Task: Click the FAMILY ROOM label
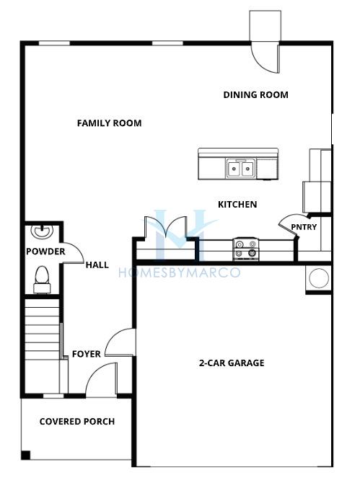point(110,123)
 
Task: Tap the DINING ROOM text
point(255,95)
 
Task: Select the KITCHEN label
point(237,205)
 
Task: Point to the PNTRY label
point(304,227)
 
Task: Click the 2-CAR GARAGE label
point(232,363)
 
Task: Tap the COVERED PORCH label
point(77,422)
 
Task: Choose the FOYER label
point(87,354)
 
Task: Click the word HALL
point(97,265)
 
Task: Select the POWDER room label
point(45,252)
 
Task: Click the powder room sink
point(42,231)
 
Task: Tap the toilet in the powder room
point(42,280)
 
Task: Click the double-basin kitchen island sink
point(241,168)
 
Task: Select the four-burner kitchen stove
point(246,249)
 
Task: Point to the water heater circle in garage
point(319,278)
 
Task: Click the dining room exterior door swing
point(265,58)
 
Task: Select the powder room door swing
point(74,253)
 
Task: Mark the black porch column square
point(25,456)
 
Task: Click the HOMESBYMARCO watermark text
point(180,272)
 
